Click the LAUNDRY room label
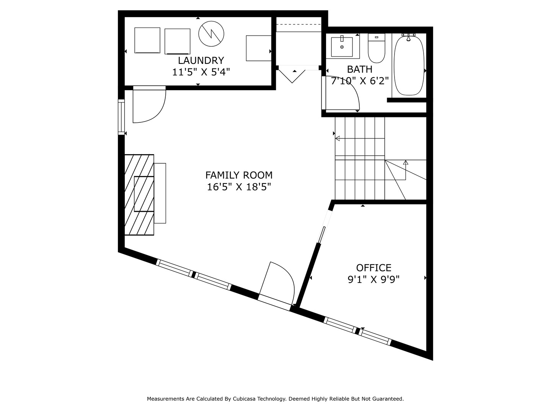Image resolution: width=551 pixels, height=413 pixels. (201, 60)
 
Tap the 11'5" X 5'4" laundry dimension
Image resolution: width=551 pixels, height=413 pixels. (201, 72)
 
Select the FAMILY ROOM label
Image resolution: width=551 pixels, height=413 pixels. (239, 175)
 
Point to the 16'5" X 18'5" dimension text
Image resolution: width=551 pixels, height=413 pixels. (239, 187)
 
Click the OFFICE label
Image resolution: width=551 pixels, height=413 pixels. (373, 268)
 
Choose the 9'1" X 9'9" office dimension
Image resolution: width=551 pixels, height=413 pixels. (373, 280)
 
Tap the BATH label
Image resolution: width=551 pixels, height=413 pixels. (360, 69)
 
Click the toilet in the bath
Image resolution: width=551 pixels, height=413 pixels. (376, 49)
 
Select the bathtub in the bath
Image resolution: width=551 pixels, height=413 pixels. (409, 65)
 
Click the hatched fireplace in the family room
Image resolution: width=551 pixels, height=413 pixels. (139, 195)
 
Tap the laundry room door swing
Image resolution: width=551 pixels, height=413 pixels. (149, 105)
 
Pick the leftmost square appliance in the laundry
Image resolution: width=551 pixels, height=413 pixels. (147, 40)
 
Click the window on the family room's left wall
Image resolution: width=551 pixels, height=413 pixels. (121, 117)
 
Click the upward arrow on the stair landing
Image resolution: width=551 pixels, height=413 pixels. (406, 163)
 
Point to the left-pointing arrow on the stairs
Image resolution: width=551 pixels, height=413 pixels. (337, 138)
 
